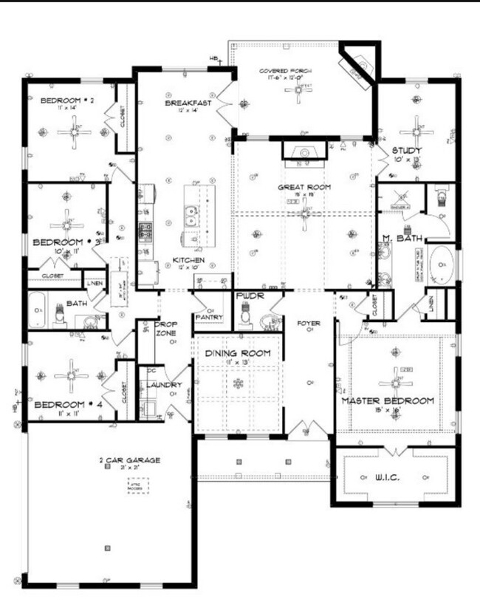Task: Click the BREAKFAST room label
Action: [x=188, y=103]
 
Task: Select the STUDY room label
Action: [x=406, y=150]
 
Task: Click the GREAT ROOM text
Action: [x=303, y=187]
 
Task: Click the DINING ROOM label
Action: [x=238, y=353]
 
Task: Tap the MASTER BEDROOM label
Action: [x=387, y=401]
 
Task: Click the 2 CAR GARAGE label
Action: [x=129, y=460]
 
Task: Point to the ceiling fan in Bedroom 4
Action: [x=72, y=375]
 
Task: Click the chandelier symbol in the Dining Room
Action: [x=238, y=383]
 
